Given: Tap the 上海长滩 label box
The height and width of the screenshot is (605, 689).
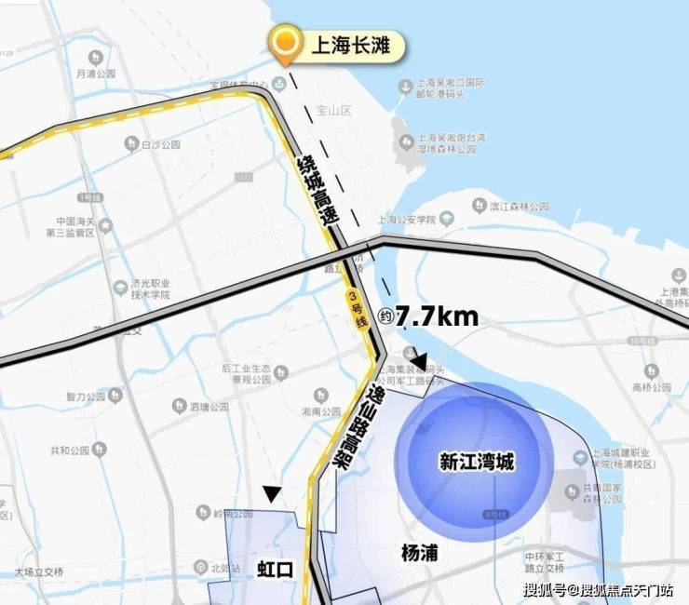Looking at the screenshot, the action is click(x=356, y=45).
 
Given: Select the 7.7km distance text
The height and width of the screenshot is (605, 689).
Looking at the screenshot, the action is click(x=437, y=316).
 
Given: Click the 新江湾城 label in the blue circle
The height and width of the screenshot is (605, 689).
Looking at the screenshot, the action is click(x=476, y=462).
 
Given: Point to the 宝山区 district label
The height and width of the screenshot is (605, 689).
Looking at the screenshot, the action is click(x=332, y=110).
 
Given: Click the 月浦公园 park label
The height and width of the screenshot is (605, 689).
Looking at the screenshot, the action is click(x=96, y=73).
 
